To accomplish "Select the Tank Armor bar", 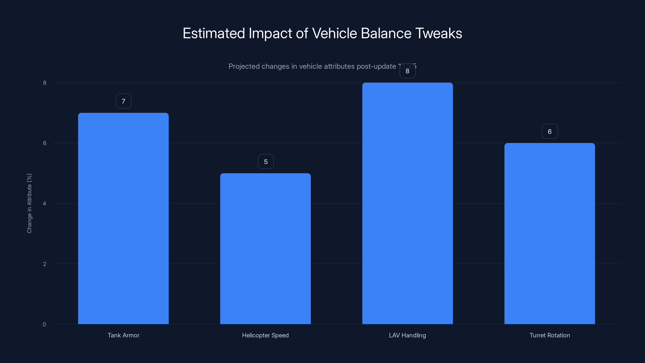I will (123, 218).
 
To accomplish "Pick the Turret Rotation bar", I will (550, 234).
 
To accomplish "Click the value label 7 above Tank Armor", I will (123, 101).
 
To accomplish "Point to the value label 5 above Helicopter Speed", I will (266, 162).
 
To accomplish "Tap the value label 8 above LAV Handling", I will (407, 71).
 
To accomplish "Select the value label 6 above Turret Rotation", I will (550, 131).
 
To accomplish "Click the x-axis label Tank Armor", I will (123, 335).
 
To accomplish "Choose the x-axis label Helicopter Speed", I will (265, 335).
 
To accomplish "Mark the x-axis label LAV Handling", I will (407, 335).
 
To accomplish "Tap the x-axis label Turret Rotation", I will (550, 335).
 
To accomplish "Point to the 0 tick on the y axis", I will (44, 324).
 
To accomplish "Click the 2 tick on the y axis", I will (45, 264).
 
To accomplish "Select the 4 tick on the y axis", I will (45, 203).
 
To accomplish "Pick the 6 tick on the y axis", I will (45, 143).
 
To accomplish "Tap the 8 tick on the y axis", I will (45, 83).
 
